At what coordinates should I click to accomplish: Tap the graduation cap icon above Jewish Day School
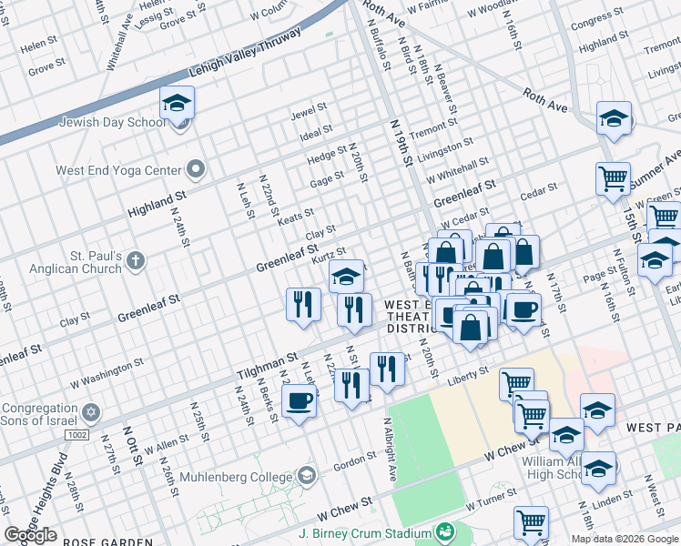[177, 104]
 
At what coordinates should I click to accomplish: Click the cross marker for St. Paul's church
[136, 261]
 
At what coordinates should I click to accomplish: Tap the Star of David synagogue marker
[89, 413]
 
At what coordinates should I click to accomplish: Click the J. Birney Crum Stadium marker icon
[445, 531]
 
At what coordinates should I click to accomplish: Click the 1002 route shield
[78, 436]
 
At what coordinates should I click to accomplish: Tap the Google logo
[30, 535]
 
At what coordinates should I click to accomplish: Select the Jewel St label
[309, 112]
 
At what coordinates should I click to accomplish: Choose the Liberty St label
[472, 372]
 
